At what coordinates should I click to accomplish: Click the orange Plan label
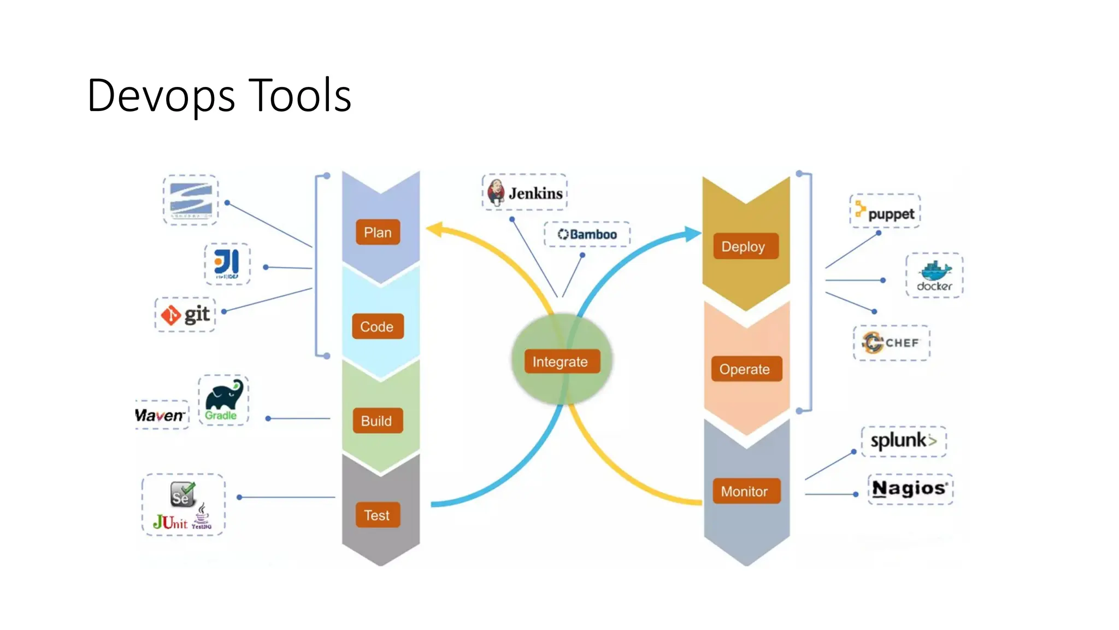pos(378,232)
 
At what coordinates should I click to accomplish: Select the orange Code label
pos(377,326)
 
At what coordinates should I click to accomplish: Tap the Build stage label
pos(377,421)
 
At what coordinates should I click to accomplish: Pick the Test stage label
pos(377,515)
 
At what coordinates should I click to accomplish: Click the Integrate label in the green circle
pos(561,361)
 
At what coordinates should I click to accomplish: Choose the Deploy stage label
pos(744,247)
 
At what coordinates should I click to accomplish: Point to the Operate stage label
pos(745,369)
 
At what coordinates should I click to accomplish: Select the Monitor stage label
pos(745,491)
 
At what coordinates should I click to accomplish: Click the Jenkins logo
pos(525,192)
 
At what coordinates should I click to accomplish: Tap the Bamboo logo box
pos(587,234)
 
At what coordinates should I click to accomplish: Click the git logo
pos(185,315)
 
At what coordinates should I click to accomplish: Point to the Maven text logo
pos(160,416)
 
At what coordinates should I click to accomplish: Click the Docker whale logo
pos(934,275)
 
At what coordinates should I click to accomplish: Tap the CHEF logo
pos(891,343)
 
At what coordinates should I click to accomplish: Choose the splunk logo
pos(904,441)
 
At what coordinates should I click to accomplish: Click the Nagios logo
pos(910,488)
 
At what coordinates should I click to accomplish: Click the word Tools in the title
pos(300,96)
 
